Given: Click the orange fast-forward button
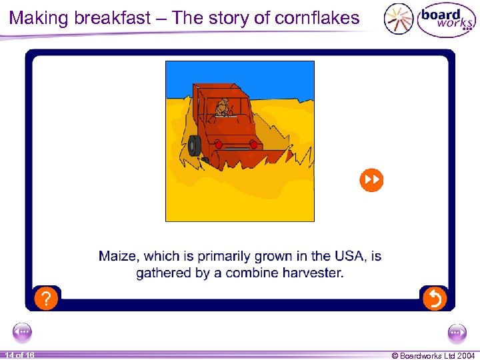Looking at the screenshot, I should click(371, 179).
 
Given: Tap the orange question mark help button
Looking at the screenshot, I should click(45, 299).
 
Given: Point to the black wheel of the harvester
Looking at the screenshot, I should click(195, 145).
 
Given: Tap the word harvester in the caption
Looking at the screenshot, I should click(312, 273).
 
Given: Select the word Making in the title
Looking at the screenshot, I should click(39, 18).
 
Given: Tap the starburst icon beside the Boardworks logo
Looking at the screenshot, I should click(398, 19).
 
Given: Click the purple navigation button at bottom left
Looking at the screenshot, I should click(23, 331).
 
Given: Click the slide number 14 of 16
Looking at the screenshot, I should click(19, 355).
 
